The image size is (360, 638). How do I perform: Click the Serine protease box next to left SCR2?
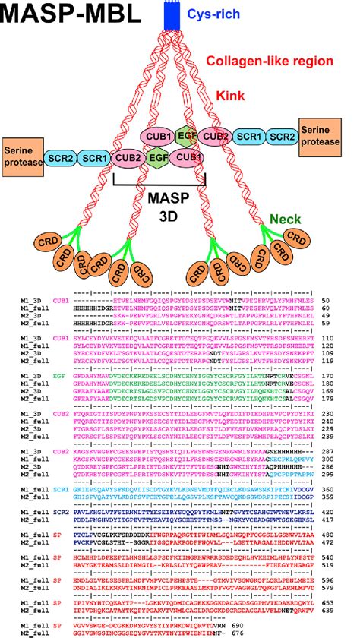tap(22, 156)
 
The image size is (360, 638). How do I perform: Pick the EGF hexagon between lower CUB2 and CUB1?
tap(158, 157)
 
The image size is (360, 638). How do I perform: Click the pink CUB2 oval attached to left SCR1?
tap(128, 157)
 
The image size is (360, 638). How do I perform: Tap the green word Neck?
tap(285, 220)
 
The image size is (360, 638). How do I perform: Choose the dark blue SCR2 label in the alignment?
tap(58, 534)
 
